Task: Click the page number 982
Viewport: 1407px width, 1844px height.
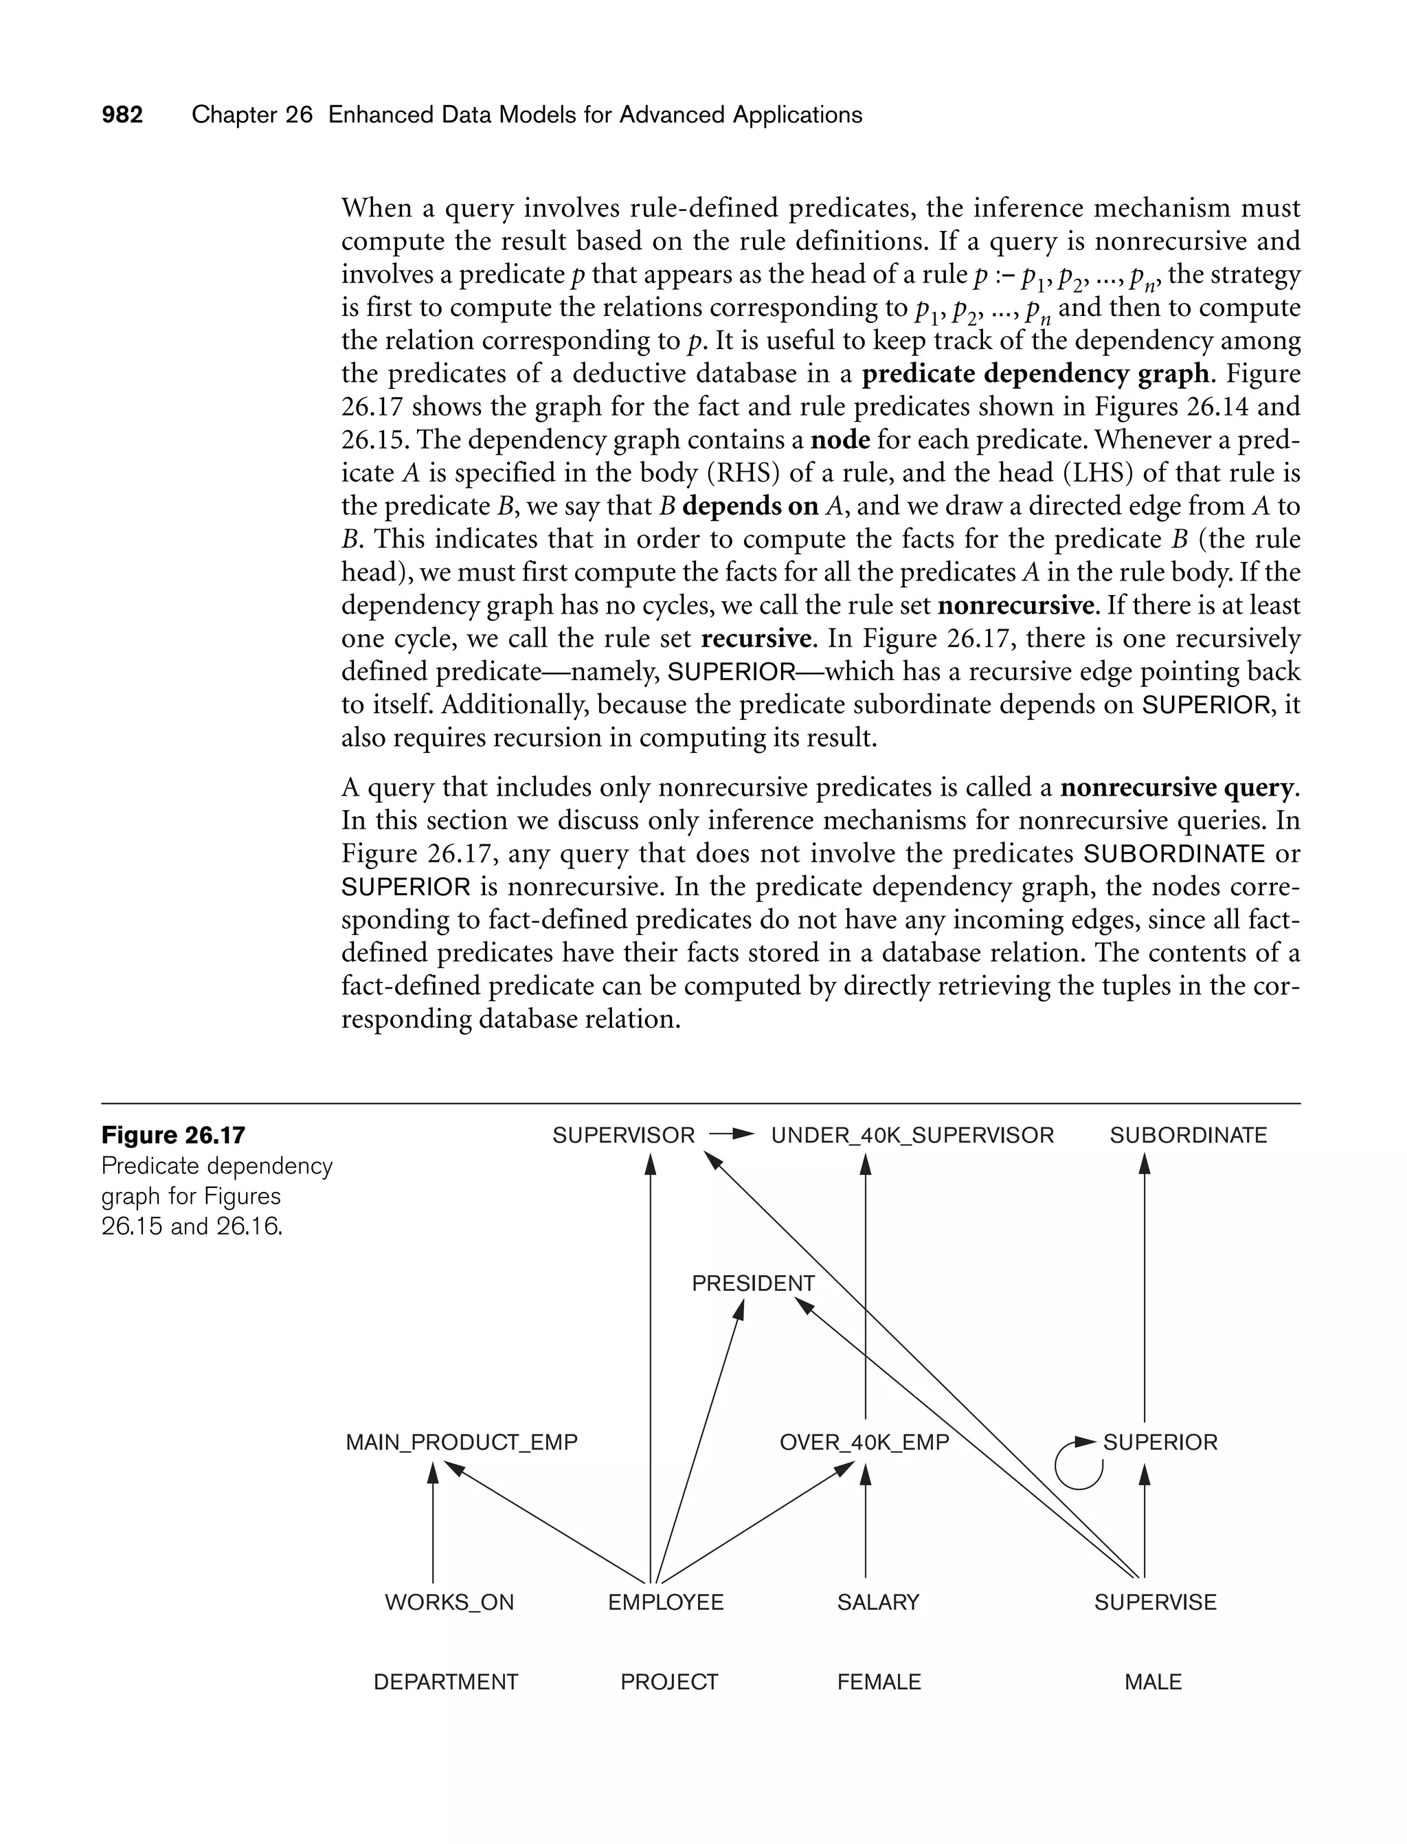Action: [x=122, y=115]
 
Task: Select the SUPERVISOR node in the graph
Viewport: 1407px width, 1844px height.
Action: [x=623, y=1136]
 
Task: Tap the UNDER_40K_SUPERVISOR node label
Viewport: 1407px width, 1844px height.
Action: [x=912, y=1136]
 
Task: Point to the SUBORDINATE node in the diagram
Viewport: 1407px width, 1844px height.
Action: [x=1188, y=1136]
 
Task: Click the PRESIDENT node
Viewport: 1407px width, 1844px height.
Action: [x=753, y=1283]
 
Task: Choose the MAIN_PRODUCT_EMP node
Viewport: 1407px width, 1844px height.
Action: [x=462, y=1442]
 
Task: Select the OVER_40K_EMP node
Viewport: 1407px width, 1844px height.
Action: [x=864, y=1442]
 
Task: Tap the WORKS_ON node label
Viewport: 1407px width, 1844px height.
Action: [x=449, y=1602]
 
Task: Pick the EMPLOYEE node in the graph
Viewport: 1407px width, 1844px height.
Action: [x=666, y=1602]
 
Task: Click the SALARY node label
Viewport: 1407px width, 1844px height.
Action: [x=878, y=1602]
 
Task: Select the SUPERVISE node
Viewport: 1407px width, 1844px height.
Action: [x=1155, y=1602]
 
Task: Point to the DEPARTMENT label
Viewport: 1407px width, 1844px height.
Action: [x=446, y=1682]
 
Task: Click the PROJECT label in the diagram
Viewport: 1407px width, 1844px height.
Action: [x=669, y=1682]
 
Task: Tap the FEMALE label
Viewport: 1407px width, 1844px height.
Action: [x=879, y=1682]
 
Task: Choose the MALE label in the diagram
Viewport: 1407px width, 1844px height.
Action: [x=1153, y=1682]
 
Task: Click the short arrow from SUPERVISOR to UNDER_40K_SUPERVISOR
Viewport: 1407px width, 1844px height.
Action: [x=731, y=1136]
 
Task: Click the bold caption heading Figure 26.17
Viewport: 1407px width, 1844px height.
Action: [x=173, y=1136]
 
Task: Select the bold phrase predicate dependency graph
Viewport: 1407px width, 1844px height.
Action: [x=1035, y=374]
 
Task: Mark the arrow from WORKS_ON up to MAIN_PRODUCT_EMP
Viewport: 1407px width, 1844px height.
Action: [x=433, y=1520]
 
